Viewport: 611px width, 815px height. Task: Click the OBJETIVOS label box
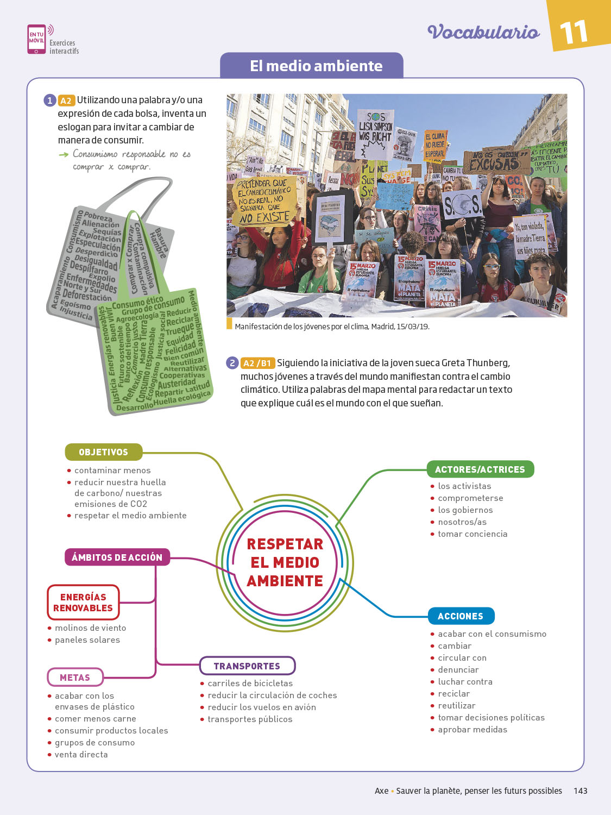[103, 452]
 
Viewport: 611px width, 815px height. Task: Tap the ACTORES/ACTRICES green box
[480, 469]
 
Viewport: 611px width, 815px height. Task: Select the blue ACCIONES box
[461, 616]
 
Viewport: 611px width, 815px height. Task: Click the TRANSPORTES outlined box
[247, 666]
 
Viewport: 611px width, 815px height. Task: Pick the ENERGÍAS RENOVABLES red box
[83, 603]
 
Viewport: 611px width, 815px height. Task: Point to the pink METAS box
[75, 678]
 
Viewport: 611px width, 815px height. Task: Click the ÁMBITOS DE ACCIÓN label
[117, 557]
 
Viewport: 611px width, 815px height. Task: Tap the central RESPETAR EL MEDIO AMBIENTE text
[285, 562]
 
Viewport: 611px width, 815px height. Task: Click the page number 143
[581, 791]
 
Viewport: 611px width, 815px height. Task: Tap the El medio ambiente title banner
[316, 66]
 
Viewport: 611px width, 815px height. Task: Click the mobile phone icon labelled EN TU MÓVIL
[36, 39]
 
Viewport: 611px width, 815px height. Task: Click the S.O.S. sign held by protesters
[462, 205]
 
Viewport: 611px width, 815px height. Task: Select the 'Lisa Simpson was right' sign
[375, 128]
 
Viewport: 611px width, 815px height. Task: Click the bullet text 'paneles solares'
[87, 640]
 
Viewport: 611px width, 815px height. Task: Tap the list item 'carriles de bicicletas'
[250, 684]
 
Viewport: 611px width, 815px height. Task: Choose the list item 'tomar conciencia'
[473, 534]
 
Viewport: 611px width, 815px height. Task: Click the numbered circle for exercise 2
[232, 363]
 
